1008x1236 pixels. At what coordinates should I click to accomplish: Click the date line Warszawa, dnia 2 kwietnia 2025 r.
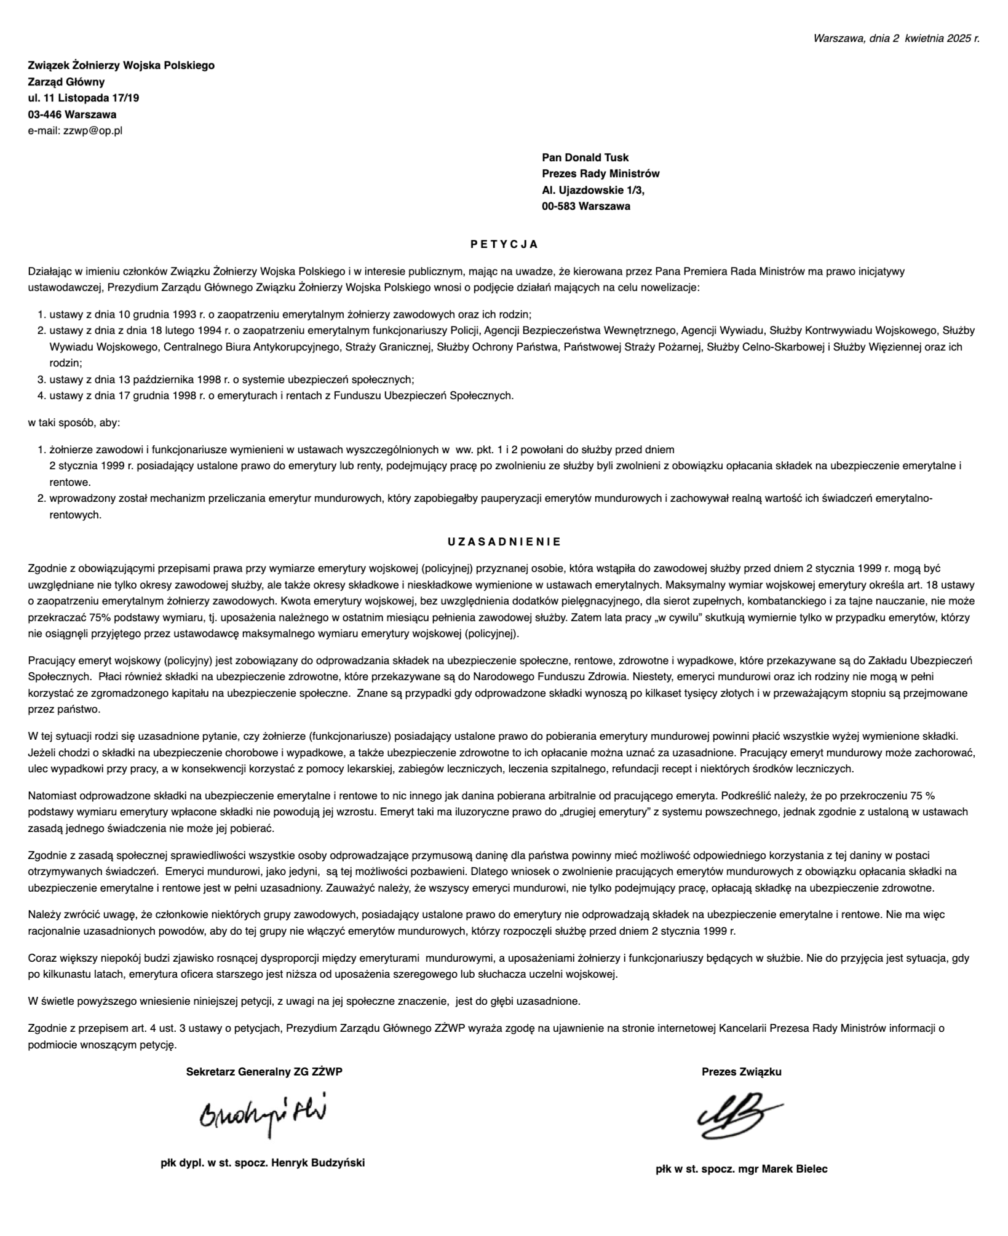point(896,38)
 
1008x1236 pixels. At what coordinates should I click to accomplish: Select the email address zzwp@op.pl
point(93,131)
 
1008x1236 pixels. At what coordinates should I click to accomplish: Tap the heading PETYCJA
point(504,245)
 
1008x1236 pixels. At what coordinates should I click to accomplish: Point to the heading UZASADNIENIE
point(504,542)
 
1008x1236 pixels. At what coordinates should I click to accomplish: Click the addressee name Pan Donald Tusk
point(585,158)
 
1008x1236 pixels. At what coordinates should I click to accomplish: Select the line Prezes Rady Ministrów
point(600,174)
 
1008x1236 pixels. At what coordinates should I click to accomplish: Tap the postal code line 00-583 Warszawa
point(585,207)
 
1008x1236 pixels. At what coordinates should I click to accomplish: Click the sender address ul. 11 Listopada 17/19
point(84,98)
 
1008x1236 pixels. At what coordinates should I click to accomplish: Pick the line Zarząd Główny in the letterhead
point(66,82)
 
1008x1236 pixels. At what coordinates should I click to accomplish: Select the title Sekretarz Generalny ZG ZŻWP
point(264,1072)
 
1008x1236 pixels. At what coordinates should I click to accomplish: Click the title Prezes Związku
point(741,1072)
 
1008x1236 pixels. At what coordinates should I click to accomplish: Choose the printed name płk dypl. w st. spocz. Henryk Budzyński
point(263,1163)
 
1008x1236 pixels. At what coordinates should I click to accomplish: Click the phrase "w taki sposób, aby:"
point(74,423)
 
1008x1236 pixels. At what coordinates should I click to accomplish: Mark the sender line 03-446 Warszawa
point(72,115)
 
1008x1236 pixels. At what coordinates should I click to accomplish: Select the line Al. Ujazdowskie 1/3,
point(593,191)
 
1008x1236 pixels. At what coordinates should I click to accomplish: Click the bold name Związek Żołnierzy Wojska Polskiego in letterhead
point(121,66)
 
